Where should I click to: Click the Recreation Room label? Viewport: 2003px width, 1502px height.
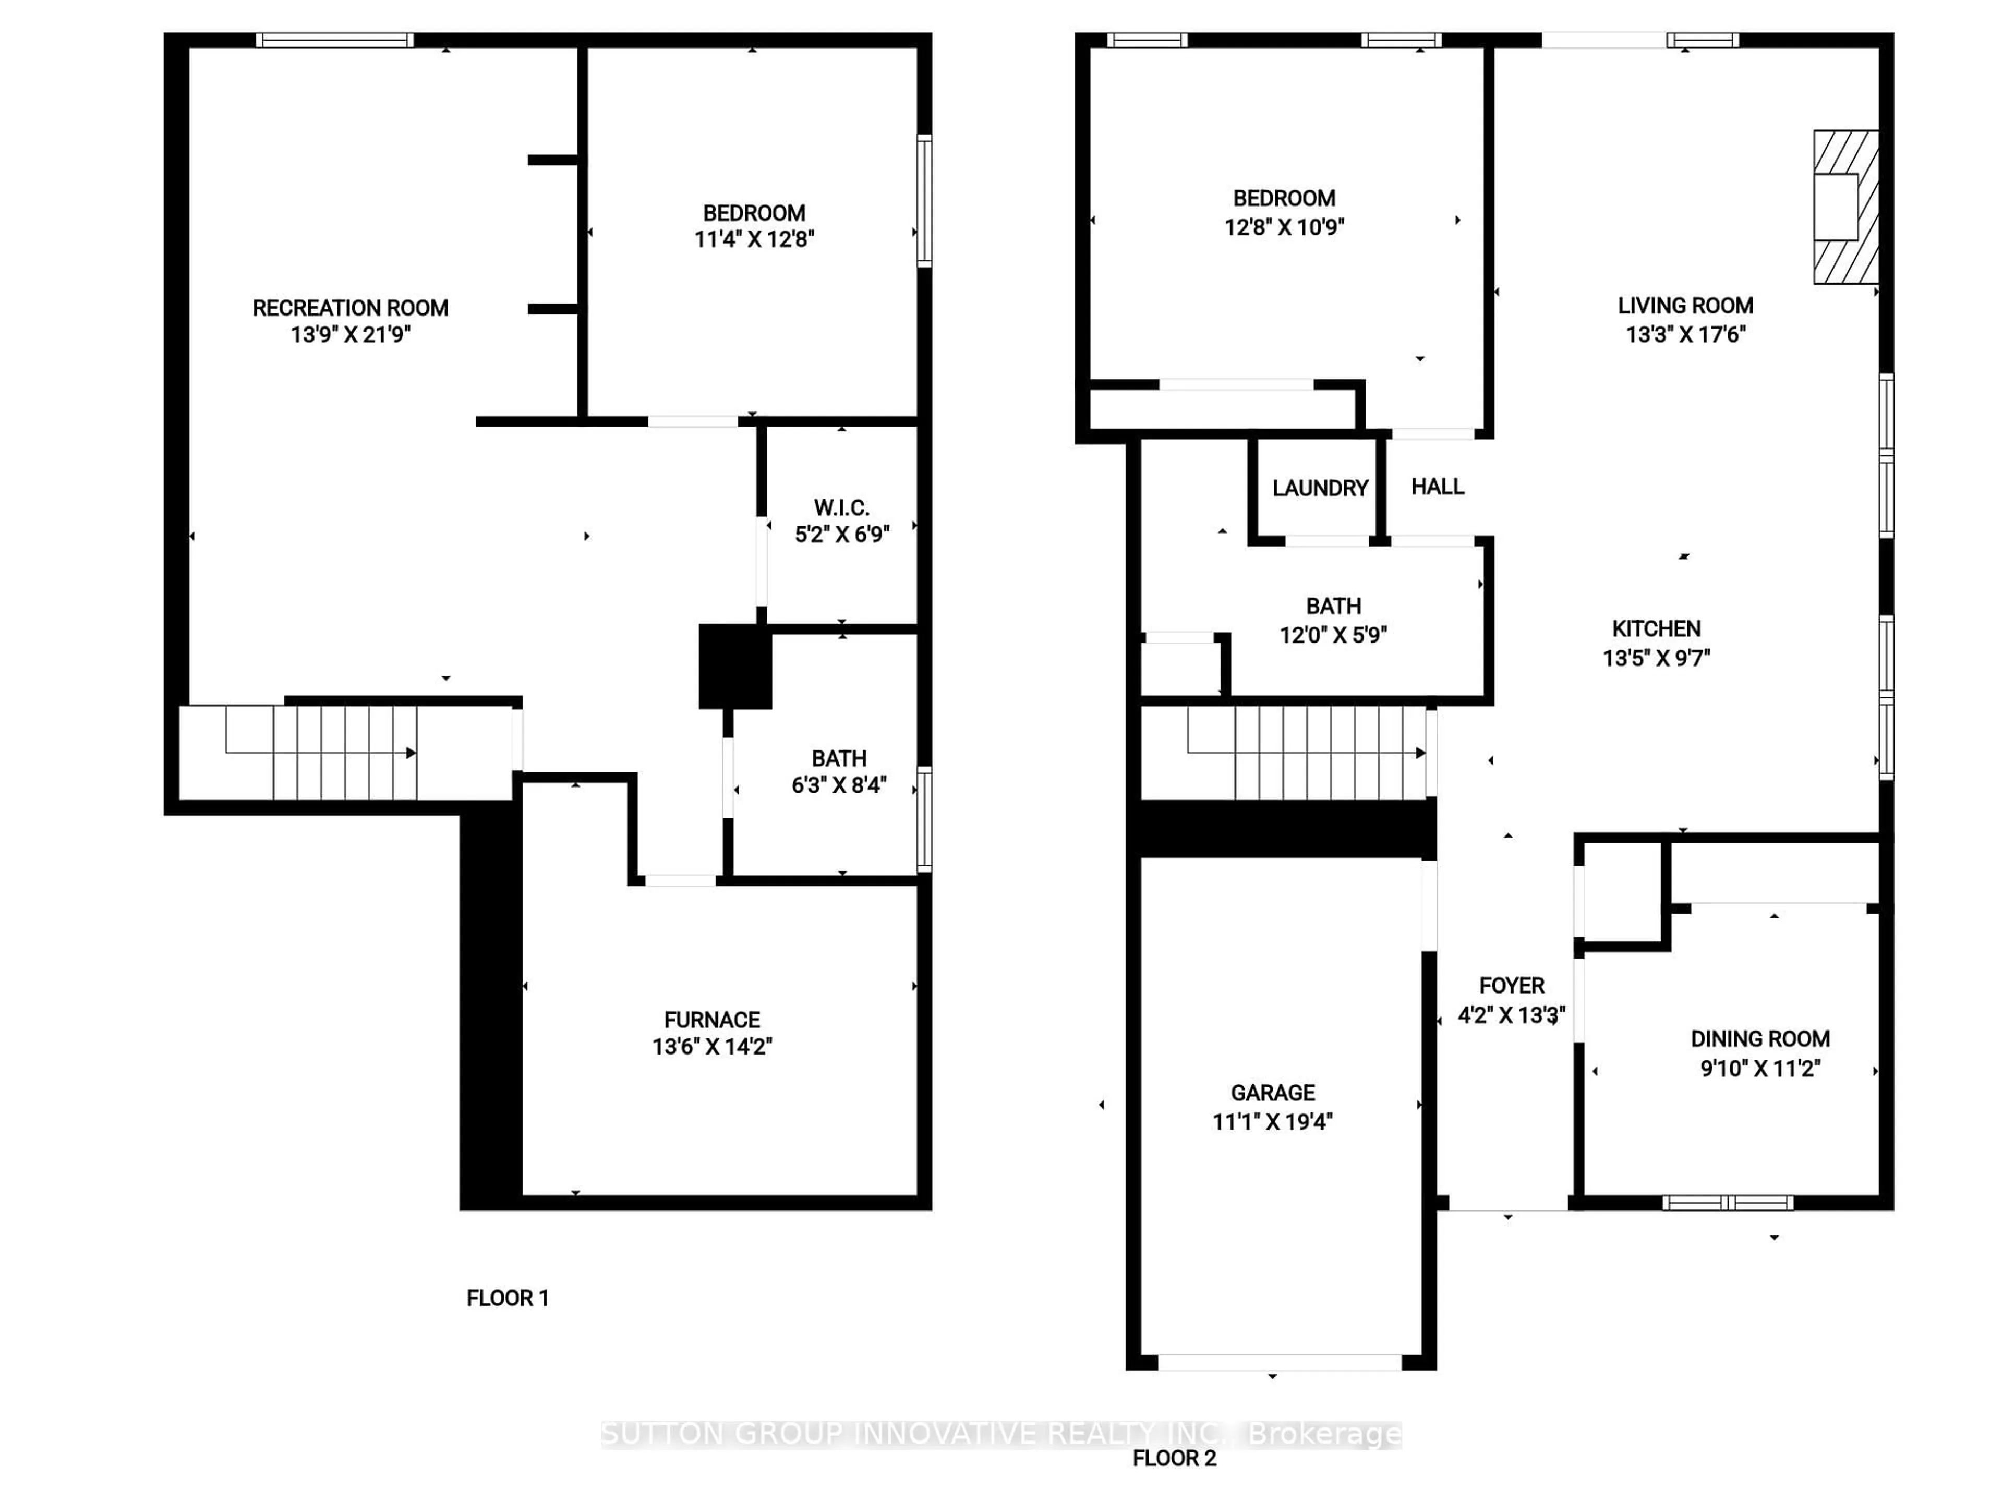pos(351,308)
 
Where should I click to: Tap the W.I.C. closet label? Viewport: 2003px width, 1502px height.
pos(841,508)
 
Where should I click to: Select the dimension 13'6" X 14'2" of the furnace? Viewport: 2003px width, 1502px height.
pos(711,1047)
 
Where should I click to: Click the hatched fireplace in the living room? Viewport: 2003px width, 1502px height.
pos(1845,208)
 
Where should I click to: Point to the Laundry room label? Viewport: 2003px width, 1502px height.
pos(1319,489)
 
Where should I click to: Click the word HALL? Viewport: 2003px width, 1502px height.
pos(1437,487)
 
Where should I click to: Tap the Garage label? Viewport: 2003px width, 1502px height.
pos(1272,1093)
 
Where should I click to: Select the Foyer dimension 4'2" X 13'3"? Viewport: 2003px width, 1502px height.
pos(1511,1015)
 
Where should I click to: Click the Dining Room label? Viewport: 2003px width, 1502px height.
pos(1759,1039)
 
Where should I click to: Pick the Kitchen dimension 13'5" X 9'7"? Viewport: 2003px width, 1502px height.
pos(1656,658)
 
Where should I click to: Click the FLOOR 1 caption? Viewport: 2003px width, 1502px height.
pos(507,1298)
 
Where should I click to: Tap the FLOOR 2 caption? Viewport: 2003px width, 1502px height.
pos(1175,1458)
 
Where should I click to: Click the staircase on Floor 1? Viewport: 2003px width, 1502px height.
pos(344,753)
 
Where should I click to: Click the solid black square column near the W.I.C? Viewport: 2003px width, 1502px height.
pos(734,667)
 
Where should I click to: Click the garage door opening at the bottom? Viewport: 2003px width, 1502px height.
pos(1280,1362)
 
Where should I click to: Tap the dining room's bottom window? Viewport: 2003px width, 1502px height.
pos(1727,1202)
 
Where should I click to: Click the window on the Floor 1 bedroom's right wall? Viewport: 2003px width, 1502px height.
pos(924,200)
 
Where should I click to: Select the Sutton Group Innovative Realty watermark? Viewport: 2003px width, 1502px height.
pos(1000,1434)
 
